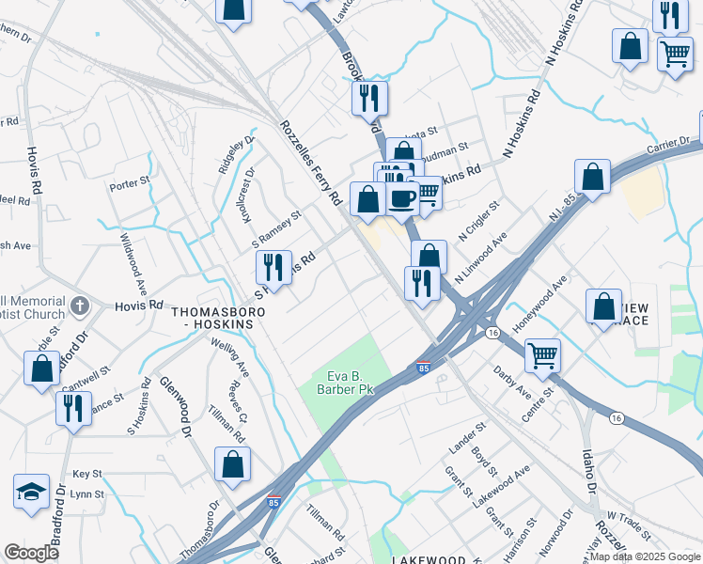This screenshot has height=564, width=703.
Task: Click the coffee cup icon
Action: tap(402, 198)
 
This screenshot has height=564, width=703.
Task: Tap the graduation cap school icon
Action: tap(31, 492)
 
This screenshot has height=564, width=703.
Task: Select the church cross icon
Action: tap(79, 305)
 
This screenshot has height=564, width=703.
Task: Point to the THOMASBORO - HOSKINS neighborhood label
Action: tap(211, 316)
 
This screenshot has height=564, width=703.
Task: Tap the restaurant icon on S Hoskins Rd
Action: tap(273, 266)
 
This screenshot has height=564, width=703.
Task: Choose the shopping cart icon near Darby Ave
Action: tap(542, 356)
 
